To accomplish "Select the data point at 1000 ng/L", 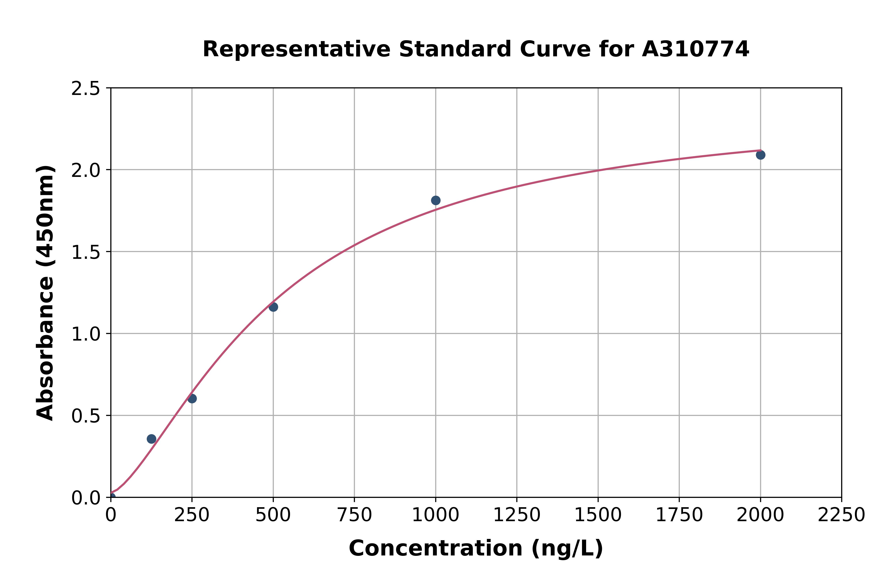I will tap(436, 200).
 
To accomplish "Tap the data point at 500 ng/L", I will tap(273, 307).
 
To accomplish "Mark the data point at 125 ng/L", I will tap(151, 439).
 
